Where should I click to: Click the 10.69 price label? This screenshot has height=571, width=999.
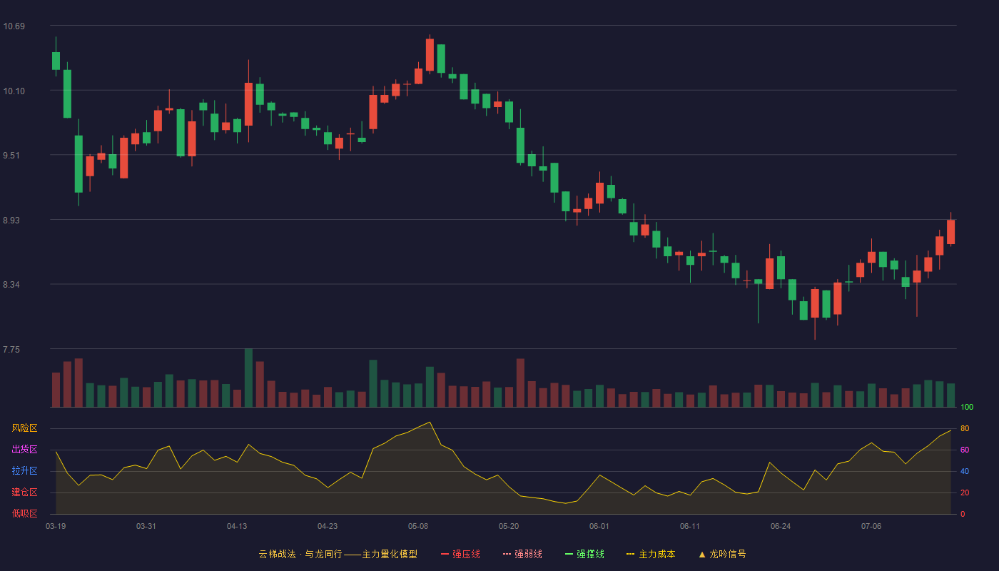coord(14,26)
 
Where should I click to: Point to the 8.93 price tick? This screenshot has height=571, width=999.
coord(11,221)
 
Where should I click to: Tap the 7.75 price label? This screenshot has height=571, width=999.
coord(11,350)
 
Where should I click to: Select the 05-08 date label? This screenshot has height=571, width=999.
coord(418,527)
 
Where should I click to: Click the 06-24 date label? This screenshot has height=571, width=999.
coord(781,527)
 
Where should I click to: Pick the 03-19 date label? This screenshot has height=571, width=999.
coord(56,527)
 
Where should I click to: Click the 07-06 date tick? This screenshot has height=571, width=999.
coord(871,527)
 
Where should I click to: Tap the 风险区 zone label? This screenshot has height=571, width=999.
coord(24,428)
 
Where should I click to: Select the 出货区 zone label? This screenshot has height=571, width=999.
coord(24,449)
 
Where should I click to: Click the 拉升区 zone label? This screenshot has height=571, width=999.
coord(24,470)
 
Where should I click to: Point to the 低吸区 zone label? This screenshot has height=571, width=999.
coord(24,513)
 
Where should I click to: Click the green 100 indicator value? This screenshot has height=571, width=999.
coord(967,407)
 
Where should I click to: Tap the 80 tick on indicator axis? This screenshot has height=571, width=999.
coord(965,428)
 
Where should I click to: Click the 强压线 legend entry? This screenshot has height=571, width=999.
coord(460,554)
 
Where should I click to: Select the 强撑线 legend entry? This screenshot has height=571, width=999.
coord(584,554)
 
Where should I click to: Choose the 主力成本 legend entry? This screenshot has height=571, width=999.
coord(651,554)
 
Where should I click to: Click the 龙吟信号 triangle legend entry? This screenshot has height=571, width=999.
coord(722,554)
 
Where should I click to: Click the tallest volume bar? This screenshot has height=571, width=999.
coord(248,378)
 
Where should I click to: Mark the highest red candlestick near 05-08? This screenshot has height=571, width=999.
coord(430,54)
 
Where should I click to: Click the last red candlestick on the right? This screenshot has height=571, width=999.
coord(950,231)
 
